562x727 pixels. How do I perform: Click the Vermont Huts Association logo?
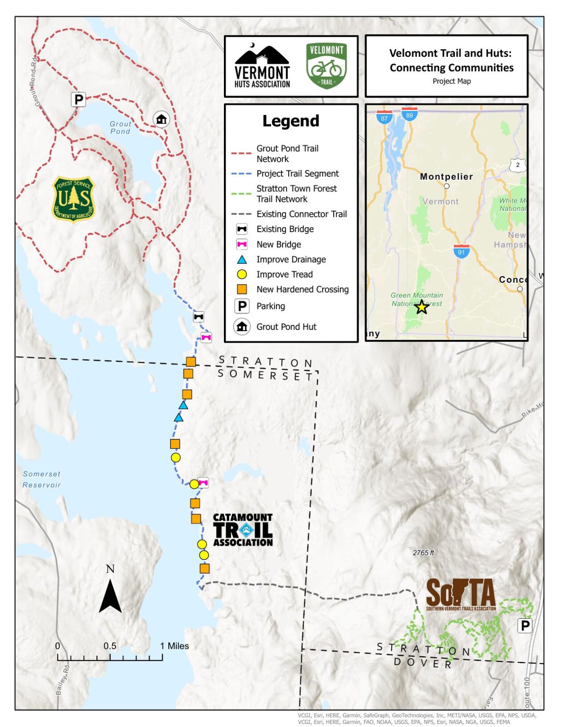pos(262,67)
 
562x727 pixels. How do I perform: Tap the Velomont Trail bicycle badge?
pos(326,66)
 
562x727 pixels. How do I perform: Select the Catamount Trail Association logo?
pos(243,529)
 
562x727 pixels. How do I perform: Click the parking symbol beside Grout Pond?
pos(78,99)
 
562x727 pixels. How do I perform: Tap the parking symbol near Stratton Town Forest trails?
pos(525,626)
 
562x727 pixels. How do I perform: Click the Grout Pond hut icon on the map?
pos(161,119)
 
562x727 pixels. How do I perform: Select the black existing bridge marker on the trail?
pos(199,317)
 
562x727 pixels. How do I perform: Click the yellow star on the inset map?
pos(421,307)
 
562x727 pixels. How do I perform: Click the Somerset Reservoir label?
pos(42,479)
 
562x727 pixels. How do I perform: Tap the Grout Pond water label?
pos(120,128)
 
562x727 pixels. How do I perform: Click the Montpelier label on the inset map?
pos(446,177)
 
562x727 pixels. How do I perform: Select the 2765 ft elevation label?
pos(423,553)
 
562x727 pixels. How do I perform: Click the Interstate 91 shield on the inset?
pos(462,251)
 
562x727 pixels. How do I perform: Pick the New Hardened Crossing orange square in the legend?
pos(242,289)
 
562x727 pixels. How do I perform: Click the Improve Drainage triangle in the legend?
pos(242,260)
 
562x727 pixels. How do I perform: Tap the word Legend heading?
pos(291,121)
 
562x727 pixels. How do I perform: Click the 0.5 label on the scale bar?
pos(110,646)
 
